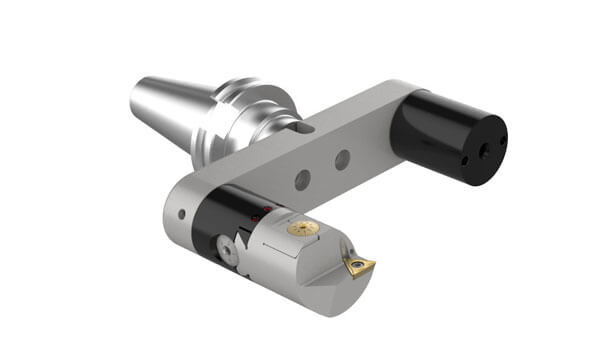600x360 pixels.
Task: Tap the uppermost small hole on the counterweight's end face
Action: tap(502, 138)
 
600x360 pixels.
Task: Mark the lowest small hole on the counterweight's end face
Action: tap(464, 161)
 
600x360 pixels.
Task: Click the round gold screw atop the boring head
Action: tap(302, 229)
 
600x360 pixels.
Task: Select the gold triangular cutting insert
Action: tap(357, 264)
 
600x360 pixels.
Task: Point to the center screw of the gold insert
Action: tap(357, 265)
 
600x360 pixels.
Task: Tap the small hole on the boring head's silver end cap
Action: tap(182, 213)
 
